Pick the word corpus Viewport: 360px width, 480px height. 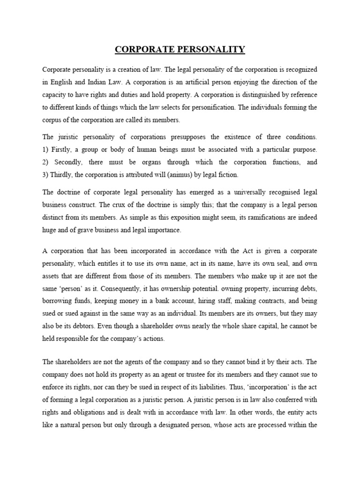tap(52, 120)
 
